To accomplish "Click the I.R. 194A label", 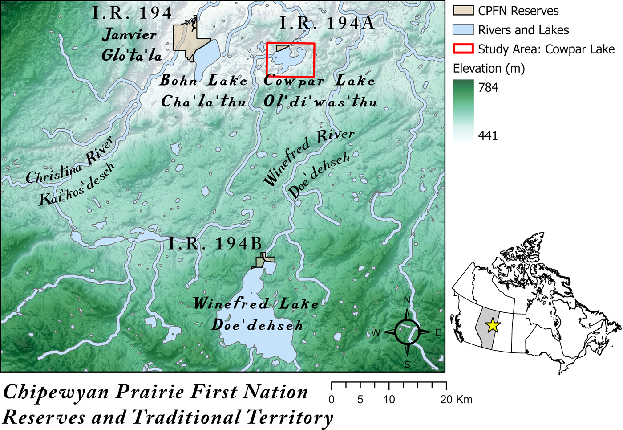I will point(327,23).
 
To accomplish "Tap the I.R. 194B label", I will point(215,243).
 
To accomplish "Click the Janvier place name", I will point(129,34).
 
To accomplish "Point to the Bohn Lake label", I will point(203,81).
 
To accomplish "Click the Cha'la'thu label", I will point(203,102).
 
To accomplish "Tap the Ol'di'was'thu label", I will point(320,102).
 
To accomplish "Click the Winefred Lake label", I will point(256,303).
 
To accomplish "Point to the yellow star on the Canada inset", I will point(492,325).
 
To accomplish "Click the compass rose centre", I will point(407,332).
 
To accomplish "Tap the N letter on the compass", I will point(407,300).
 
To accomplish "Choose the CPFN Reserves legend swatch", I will point(463,10).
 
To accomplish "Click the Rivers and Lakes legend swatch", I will point(463,29).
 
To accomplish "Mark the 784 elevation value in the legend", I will point(488,87).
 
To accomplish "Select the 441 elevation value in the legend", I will point(488,135).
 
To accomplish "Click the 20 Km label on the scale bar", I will point(456,399).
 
